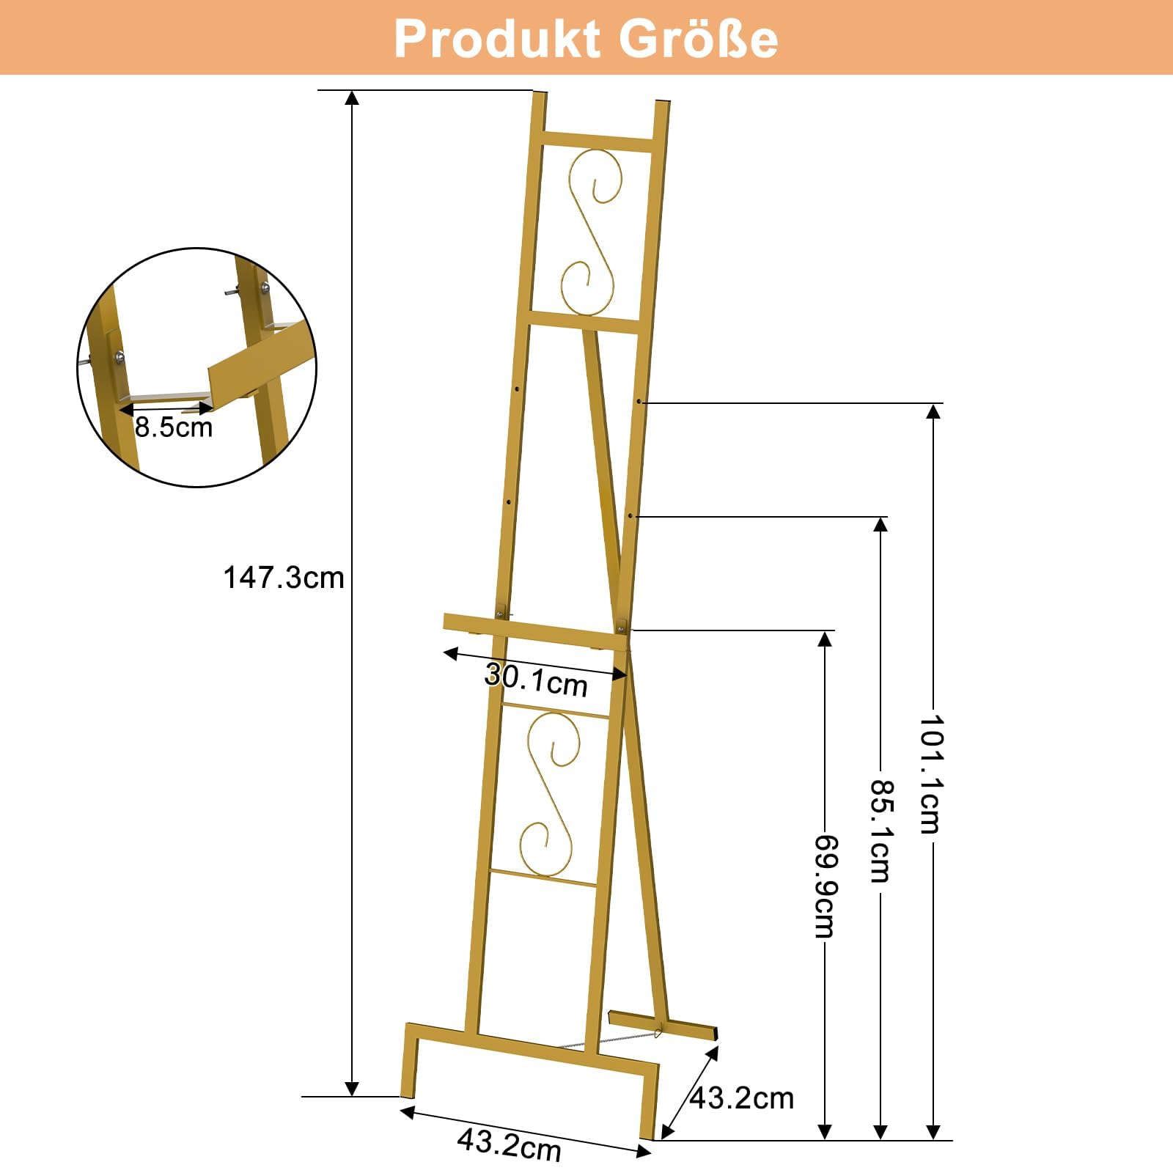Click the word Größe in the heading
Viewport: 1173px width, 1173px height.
click(x=699, y=38)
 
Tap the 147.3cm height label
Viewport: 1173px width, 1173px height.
click(x=284, y=578)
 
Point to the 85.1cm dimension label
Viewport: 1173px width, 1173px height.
click(x=880, y=831)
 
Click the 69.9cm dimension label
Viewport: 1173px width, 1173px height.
click(x=825, y=886)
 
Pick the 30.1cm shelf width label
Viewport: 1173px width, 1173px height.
click(x=537, y=680)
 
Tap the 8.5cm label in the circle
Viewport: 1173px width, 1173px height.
click(x=174, y=427)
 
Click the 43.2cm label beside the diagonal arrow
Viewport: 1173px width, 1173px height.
click(x=742, y=1098)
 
